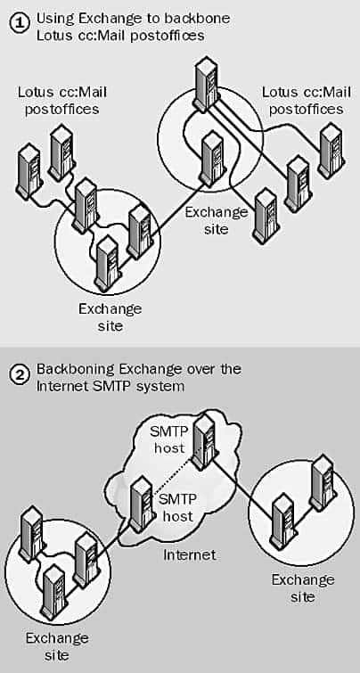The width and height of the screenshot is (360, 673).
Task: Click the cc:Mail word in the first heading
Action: [96, 35]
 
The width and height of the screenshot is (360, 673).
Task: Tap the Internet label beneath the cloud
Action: [189, 555]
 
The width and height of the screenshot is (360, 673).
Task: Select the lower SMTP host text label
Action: [176, 507]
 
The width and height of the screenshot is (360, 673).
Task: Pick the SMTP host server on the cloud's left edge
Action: [140, 505]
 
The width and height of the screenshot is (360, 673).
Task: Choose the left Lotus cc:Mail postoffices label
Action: [62, 101]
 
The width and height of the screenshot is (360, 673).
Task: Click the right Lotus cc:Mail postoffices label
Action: [307, 101]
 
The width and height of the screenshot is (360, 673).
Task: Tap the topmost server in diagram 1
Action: [207, 86]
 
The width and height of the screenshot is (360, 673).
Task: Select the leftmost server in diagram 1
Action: [29, 172]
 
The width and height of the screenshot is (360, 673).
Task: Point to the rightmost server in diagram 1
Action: [331, 151]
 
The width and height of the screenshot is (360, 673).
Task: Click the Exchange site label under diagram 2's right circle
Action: [303, 588]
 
